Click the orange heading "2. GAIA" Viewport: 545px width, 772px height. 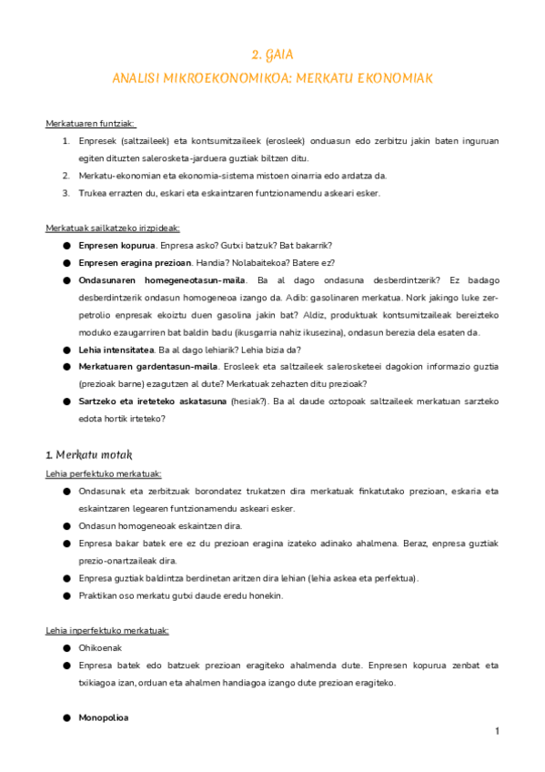(272, 56)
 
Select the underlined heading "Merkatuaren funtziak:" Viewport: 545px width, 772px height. (91, 124)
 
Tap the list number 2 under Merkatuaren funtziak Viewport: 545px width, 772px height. (66, 175)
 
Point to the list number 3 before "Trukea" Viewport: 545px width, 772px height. (66, 192)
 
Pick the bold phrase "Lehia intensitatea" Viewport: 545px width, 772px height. (116, 349)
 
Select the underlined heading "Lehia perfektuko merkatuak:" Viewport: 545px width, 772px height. (104, 473)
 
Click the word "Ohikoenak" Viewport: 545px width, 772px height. (100, 648)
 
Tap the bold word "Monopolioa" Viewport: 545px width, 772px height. (104, 717)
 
